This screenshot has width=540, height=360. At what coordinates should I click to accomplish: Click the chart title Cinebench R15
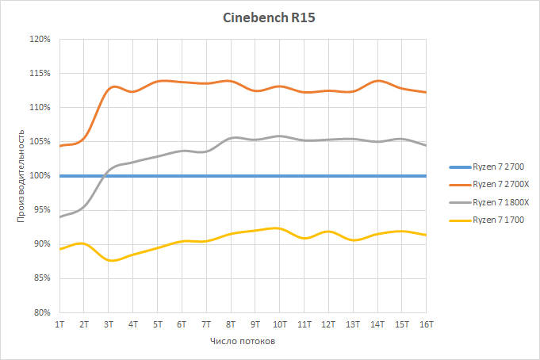click(x=269, y=17)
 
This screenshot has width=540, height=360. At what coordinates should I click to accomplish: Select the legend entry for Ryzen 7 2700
click(x=499, y=167)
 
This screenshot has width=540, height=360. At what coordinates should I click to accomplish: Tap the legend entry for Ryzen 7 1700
click(x=499, y=219)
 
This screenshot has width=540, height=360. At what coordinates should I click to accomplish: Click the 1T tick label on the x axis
click(x=59, y=324)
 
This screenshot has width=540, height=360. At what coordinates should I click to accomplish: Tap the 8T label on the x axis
click(x=231, y=324)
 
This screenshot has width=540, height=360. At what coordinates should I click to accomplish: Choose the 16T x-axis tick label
click(x=426, y=324)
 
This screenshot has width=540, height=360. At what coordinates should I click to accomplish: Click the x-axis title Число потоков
click(x=243, y=342)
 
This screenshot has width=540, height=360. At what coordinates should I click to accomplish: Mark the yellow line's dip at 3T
click(x=111, y=260)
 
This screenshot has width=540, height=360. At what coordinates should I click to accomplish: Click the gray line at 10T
click(x=279, y=136)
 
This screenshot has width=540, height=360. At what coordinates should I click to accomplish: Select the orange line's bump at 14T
click(x=377, y=81)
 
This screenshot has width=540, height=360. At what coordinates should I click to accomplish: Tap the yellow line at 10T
click(x=279, y=228)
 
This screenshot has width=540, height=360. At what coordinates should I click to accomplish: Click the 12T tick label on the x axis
click(x=328, y=324)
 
